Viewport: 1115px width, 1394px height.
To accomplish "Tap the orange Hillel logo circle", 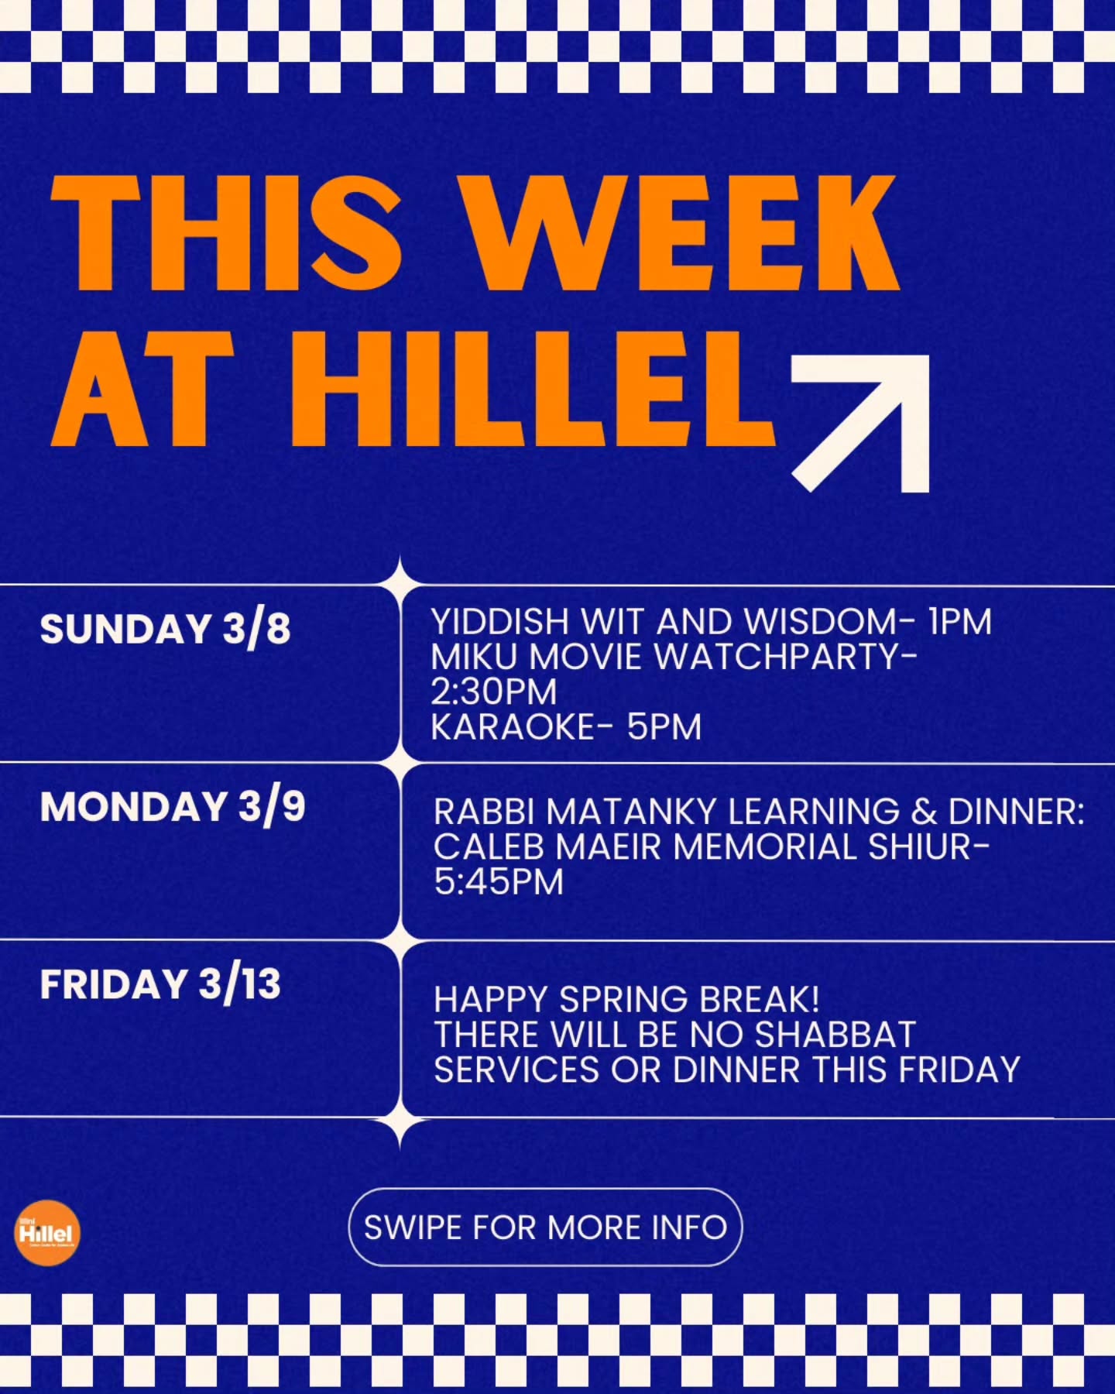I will click(x=47, y=1232).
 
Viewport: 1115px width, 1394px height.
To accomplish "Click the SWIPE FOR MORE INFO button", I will click(x=545, y=1227).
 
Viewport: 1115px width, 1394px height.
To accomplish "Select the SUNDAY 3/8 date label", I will click(x=165, y=628).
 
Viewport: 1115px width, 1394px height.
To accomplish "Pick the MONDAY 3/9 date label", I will click(x=173, y=807).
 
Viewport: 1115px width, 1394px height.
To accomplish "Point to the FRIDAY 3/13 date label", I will click(x=160, y=984).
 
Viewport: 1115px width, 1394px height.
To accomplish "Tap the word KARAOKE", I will click(x=512, y=727).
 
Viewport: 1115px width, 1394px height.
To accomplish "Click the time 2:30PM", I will click(x=493, y=692).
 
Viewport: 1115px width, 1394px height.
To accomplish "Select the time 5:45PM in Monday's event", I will click(x=499, y=882).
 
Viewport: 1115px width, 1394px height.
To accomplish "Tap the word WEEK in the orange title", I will click(x=686, y=233).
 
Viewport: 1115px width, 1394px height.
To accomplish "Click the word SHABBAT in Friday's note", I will click(x=835, y=1035).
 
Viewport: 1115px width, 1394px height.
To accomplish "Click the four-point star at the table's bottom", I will click(x=400, y=1120).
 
